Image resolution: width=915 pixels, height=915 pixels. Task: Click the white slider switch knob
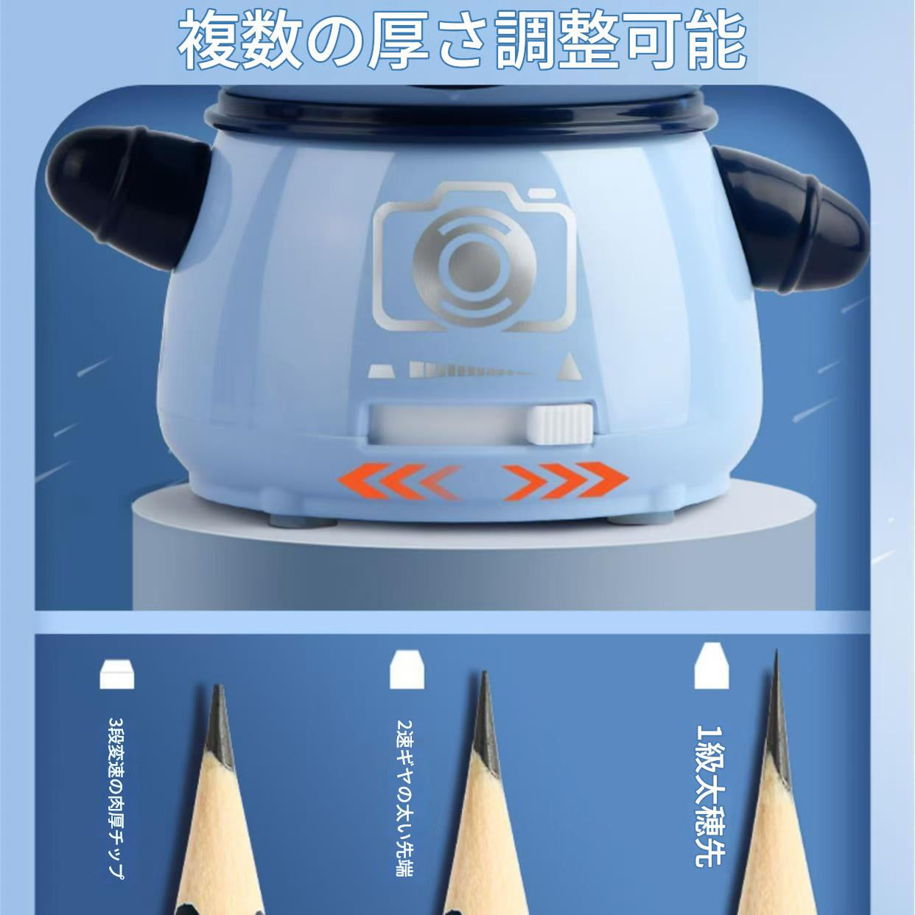pos(560,424)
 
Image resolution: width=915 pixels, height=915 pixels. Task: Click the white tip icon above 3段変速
pos(117,674)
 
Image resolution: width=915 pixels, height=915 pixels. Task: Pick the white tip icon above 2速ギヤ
pos(407,670)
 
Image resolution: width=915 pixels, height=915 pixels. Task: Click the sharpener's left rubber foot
pos(303,522)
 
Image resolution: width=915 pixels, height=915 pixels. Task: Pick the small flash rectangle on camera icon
pos(542,193)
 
